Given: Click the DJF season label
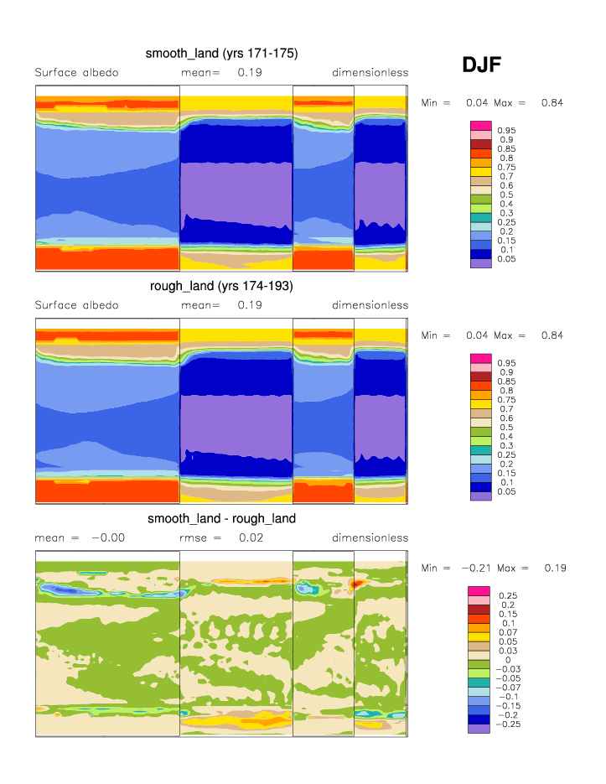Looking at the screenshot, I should [482, 65].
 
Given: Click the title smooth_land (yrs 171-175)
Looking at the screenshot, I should [221, 54].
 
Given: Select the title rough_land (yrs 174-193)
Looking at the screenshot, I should [221, 286].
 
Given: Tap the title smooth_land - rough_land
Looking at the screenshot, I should [221, 518].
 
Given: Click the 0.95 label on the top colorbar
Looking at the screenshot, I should [505, 131].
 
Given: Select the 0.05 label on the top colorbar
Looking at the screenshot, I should [505, 259].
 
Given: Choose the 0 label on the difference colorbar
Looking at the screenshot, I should [507, 660].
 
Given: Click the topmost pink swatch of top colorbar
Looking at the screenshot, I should [480, 125].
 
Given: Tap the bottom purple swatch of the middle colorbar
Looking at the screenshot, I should [480, 496].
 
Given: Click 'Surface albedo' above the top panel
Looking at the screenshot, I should [76, 73].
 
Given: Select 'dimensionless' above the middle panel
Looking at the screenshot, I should [370, 305].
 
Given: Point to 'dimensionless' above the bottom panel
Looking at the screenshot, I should [370, 537].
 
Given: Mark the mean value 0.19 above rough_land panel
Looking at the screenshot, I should [250, 305].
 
